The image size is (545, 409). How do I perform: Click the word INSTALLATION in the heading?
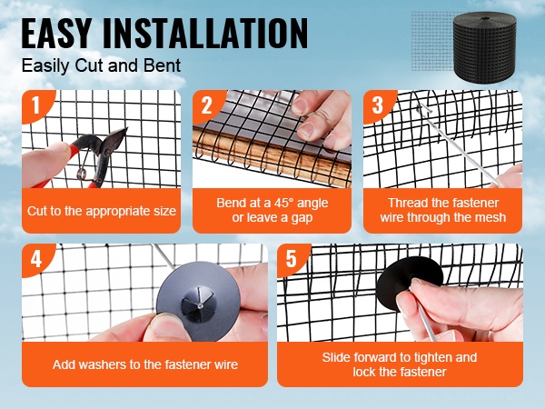pos(205,33)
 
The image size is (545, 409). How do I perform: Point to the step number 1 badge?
pos(35,105)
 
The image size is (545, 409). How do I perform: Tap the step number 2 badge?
pos(206,105)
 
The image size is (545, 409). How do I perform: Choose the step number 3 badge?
pos(377,105)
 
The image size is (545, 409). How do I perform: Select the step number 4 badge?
pos(35,259)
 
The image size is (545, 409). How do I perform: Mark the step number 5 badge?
pos(291,259)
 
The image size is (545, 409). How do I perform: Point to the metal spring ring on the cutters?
pos(82,173)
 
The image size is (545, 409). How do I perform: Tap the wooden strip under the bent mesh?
pos(271,156)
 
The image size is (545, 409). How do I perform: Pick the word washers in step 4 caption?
pos(102,364)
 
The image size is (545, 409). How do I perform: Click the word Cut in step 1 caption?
pos(37,211)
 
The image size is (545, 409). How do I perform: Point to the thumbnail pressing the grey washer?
pos(164,324)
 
